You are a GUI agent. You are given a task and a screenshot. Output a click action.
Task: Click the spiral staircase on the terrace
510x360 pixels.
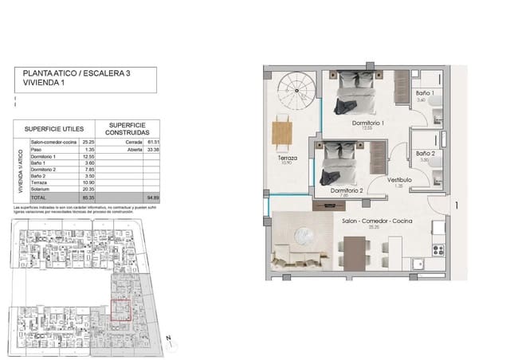coord(295,92)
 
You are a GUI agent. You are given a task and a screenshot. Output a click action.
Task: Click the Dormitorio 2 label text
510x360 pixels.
coord(345,190)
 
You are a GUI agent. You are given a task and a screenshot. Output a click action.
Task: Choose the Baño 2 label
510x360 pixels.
coord(424,153)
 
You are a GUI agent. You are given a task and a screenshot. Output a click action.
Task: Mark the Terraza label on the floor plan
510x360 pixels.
coord(287,158)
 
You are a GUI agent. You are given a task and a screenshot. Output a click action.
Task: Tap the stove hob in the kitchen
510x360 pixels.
coord(437,249)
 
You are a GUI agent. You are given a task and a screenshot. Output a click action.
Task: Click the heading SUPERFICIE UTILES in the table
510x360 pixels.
coord(53,127)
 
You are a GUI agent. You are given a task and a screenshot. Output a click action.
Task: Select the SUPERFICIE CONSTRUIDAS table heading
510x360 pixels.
coord(127,127)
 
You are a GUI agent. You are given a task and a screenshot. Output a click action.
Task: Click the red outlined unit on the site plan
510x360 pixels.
coord(120,307)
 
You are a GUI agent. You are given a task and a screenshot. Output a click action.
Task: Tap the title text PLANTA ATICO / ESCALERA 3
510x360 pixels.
coord(65,72)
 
